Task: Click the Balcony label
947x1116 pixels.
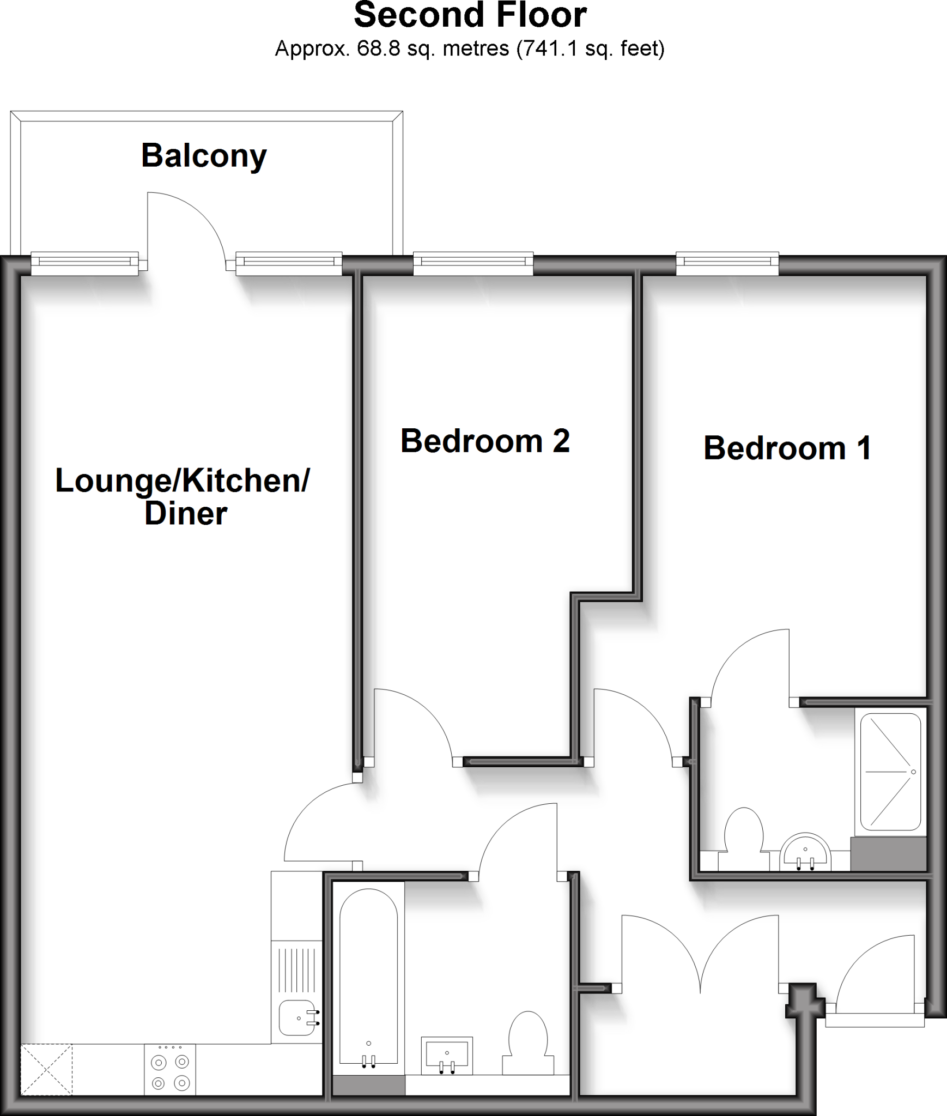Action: tap(204, 156)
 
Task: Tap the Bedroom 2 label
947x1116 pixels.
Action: tap(484, 441)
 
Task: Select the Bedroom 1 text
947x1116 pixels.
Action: tap(787, 448)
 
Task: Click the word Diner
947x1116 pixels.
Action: tap(185, 513)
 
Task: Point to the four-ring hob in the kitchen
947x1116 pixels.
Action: tap(169, 1069)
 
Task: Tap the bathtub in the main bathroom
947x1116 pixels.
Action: tap(368, 975)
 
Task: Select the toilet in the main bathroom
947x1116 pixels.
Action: tap(527, 1041)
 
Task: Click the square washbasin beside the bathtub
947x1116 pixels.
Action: tap(447, 1055)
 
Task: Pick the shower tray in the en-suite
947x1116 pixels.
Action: tap(890, 772)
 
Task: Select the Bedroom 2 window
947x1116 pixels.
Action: tap(473, 264)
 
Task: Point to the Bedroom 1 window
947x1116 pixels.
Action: tap(727, 264)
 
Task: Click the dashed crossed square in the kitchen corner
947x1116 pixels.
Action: tap(46, 1069)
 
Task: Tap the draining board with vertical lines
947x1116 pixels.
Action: tap(297, 970)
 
